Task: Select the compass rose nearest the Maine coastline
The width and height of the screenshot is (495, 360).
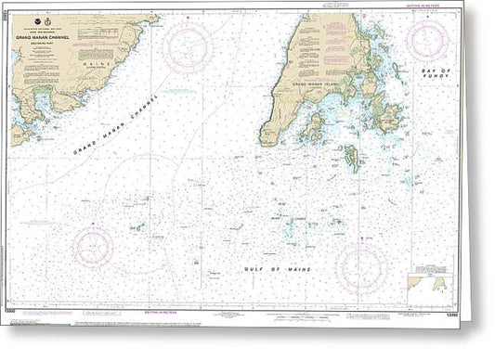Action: tap(189, 47)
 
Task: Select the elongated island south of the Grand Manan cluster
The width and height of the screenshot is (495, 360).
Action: tap(353, 159)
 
